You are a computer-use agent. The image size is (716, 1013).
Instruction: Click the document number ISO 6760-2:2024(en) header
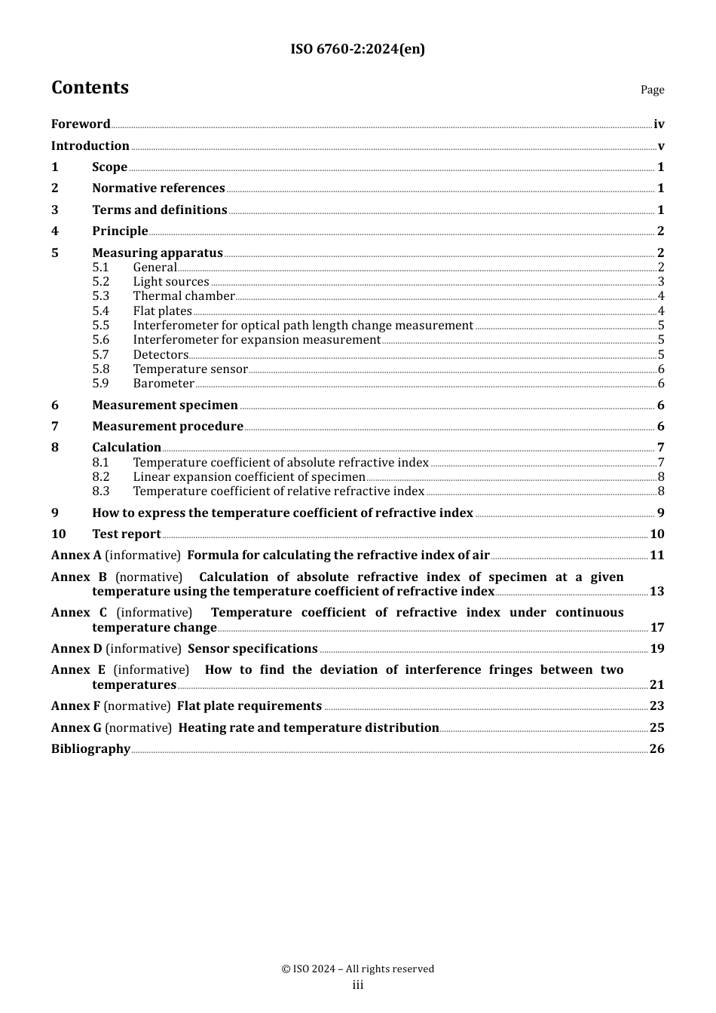coord(357,50)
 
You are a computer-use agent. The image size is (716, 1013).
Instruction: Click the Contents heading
coord(90,88)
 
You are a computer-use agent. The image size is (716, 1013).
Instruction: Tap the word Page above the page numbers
coord(652,90)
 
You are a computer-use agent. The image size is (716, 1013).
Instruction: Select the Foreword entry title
coord(81,124)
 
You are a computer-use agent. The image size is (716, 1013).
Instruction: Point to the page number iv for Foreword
coord(659,124)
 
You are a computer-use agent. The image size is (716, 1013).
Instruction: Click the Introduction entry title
coord(90,146)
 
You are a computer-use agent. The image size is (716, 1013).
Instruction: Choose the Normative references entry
coord(158,188)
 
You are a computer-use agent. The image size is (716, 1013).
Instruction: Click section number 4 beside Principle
coord(55,231)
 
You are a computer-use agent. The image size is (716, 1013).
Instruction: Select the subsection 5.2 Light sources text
coord(171,282)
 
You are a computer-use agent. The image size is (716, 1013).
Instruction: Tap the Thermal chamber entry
coord(184,296)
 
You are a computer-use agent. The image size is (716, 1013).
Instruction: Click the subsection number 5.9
coord(101,384)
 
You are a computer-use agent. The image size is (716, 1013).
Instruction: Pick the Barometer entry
coord(164,384)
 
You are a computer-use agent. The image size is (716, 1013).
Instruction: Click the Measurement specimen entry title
coord(165,406)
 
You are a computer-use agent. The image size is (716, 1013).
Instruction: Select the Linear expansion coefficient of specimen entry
coord(249,477)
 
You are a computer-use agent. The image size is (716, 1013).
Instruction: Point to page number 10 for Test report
coord(657,534)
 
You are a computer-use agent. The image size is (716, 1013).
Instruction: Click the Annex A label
coord(76,555)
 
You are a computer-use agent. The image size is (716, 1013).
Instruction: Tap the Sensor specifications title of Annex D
coord(252,649)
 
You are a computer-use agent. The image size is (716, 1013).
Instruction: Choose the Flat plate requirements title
coord(249,706)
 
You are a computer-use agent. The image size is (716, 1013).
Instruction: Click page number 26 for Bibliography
coord(657,749)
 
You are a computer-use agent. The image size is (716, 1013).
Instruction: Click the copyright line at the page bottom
coord(357,969)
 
